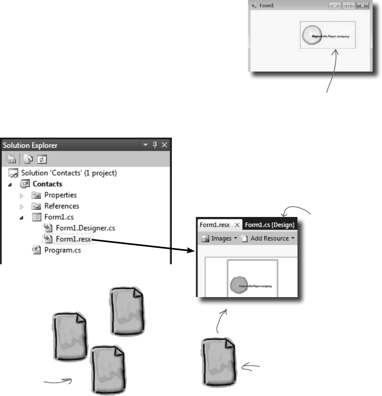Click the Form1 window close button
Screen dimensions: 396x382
tap(363, 6)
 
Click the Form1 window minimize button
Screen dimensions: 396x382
tap(335, 6)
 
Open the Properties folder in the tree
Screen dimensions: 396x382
tap(60, 195)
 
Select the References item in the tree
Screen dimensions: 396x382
tap(61, 206)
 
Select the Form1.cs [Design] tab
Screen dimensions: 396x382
tap(270, 225)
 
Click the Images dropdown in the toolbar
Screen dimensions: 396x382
tap(220, 238)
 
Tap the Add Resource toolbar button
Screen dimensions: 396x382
tap(270, 238)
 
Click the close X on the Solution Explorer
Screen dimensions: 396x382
tap(164, 145)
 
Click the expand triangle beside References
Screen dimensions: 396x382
tap(21, 206)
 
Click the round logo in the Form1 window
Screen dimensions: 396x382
tap(311, 34)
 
